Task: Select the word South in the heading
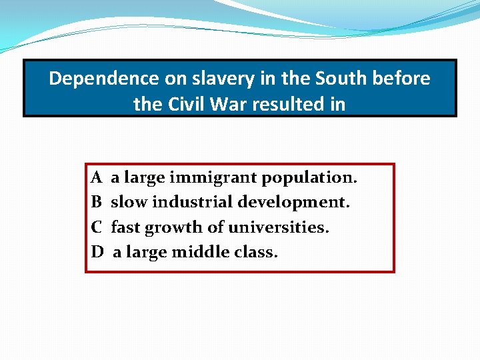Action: (x=339, y=79)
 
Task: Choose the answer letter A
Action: (x=97, y=178)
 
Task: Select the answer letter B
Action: (x=97, y=202)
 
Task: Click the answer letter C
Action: (x=97, y=227)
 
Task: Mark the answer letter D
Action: (x=97, y=253)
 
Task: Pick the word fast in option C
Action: (x=125, y=227)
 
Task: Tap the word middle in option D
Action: (x=199, y=253)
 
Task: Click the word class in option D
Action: (x=254, y=253)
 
